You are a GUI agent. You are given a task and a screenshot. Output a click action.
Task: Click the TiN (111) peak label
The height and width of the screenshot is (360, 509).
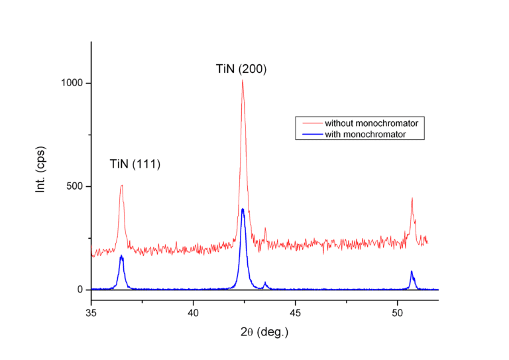click(135, 164)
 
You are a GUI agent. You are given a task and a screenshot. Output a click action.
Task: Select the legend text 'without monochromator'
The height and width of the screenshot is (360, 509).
click(372, 123)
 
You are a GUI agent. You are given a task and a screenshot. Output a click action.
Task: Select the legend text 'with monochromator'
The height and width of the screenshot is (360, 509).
click(365, 134)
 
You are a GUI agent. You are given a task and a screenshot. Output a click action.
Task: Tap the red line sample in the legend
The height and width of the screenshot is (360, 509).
click(310, 123)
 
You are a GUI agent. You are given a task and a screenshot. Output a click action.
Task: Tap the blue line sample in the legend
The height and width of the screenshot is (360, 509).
click(310, 134)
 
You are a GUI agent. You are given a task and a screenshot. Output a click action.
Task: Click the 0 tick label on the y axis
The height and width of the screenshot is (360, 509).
click(80, 290)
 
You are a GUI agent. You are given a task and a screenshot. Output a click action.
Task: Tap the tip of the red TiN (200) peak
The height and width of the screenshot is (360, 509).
click(243, 80)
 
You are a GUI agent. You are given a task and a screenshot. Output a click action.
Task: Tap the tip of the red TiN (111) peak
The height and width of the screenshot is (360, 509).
click(122, 185)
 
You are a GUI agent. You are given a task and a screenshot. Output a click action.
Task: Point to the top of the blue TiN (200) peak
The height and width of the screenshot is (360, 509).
click(243, 209)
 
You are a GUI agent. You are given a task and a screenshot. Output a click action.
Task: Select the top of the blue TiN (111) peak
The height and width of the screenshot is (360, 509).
click(122, 256)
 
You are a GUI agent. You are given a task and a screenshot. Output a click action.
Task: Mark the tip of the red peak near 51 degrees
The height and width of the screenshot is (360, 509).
click(412, 198)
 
